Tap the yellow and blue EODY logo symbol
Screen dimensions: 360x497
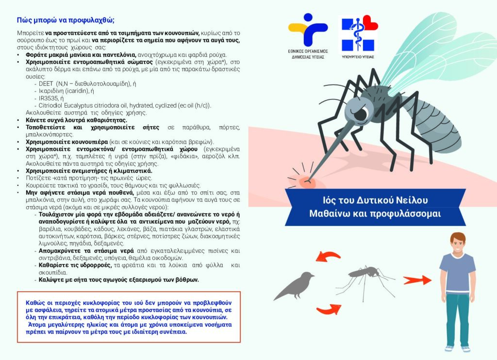(x=308, y=30)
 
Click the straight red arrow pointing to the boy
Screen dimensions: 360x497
(x=417, y=280)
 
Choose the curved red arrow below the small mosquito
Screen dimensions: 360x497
(x=329, y=309)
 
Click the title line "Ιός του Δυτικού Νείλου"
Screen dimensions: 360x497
(x=375, y=200)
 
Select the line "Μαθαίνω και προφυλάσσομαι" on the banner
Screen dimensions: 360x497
(x=375, y=213)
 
